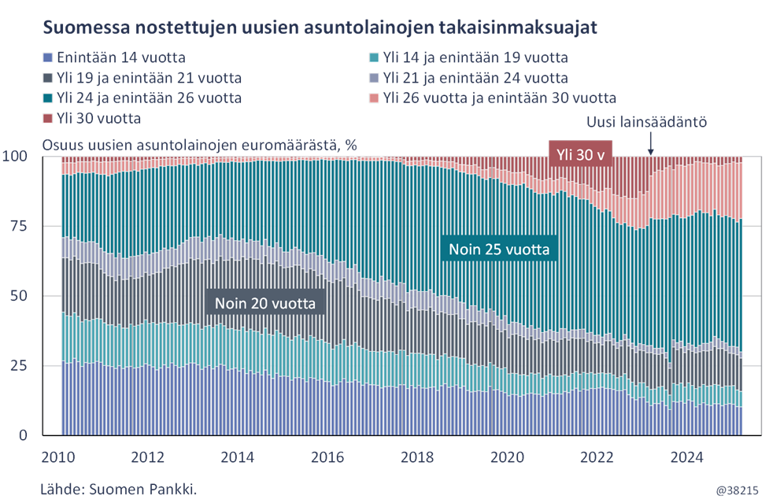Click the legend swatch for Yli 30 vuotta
[x=48, y=119]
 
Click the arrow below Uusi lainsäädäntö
[x=650, y=143]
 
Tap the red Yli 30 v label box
[x=580, y=155]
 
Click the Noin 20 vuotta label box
[x=265, y=302]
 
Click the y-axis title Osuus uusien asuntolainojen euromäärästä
[x=199, y=145]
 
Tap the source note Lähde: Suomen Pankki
[x=118, y=489]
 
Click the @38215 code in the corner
[x=735, y=490]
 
